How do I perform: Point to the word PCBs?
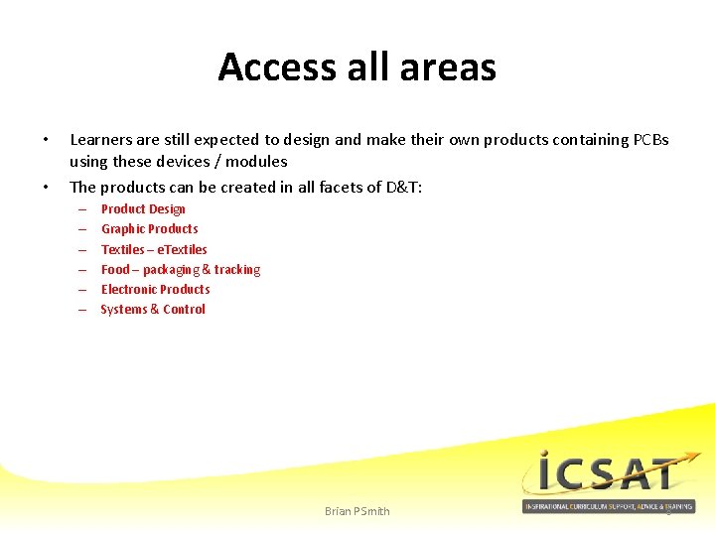650,140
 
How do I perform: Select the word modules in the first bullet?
256,161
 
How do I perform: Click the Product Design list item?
143,209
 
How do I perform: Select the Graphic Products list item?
149,229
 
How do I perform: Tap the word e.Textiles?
183,249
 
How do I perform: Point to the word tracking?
237,270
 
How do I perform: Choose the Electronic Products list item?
155,290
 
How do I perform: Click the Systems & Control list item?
153,310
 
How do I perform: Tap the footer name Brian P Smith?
357,511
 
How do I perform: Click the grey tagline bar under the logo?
609,506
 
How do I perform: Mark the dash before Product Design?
80,209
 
